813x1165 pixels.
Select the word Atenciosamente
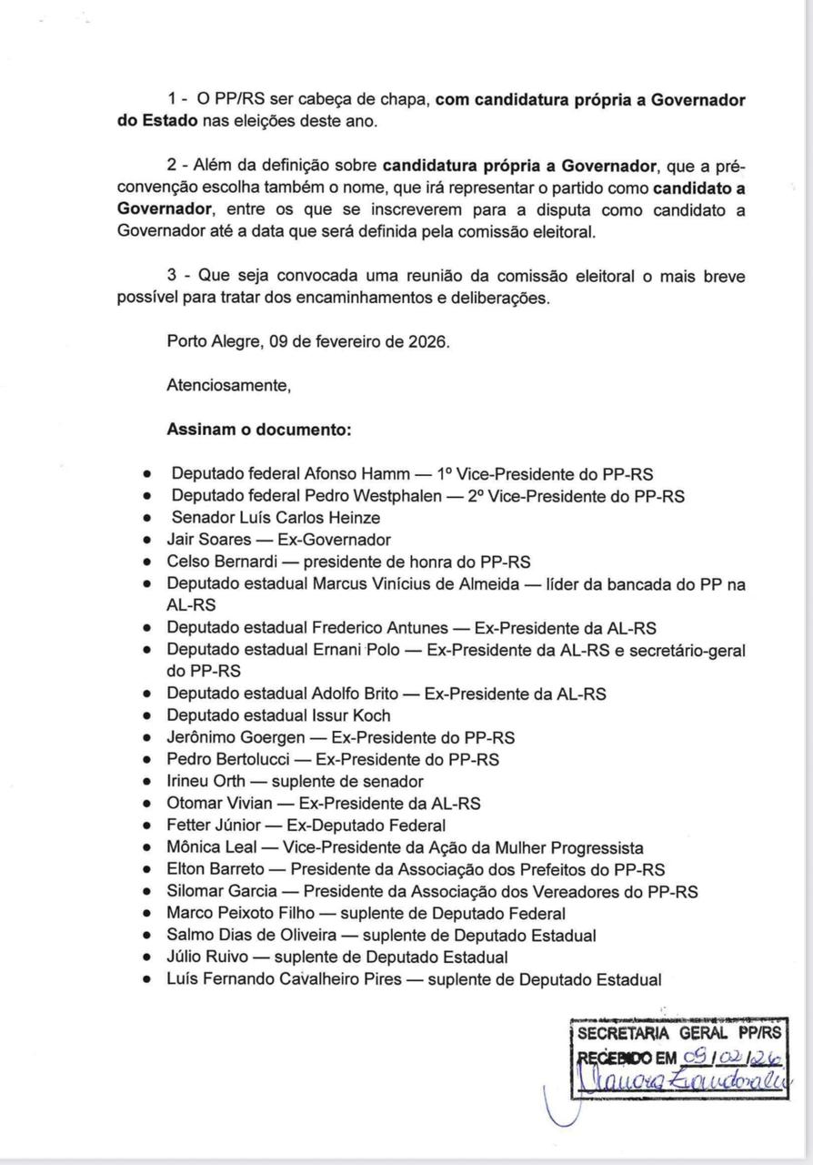pyautogui.click(x=228, y=385)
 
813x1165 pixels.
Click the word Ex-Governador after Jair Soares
pyautogui.click(x=335, y=540)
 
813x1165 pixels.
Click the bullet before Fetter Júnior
pyautogui.click(x=148, y=826)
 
